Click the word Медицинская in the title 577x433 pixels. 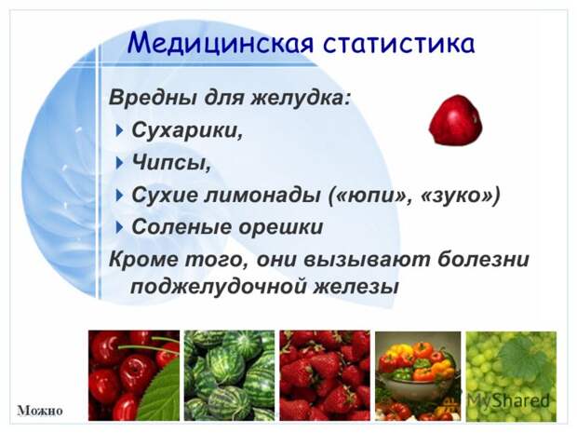(x=221, y=44)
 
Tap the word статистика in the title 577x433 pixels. (x=399, y=44)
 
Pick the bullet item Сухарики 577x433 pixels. (x=187, y=130)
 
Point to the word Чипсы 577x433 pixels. (x=171, y=162)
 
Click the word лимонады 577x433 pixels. (x=262, y=196)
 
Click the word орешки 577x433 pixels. (x=281, y=227)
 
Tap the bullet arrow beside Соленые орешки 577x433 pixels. (x=118, y=227)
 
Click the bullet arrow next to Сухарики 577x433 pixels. (x=118, y=130)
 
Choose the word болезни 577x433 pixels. (x=483, y=259)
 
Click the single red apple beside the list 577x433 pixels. (x=456, y=120)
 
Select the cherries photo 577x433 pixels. (x=134, y=375)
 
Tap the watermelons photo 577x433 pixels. (x=229, y=375)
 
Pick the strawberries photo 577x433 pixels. (x=325, y=375)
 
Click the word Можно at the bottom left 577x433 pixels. (x=40, y=410)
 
